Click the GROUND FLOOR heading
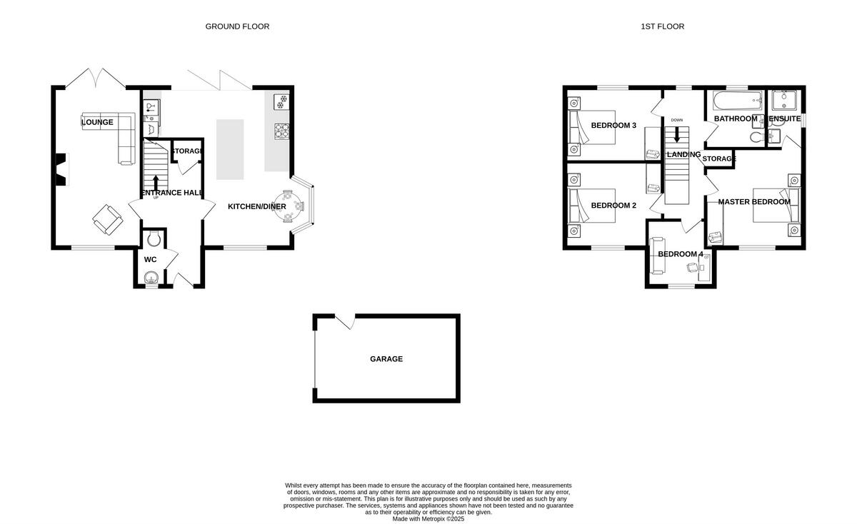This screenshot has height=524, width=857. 237,26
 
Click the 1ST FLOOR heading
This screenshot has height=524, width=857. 662,26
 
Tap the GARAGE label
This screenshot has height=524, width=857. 386,359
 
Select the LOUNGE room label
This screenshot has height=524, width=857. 97,122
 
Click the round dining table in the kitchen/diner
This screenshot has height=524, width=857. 294,206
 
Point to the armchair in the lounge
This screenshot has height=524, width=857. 106,219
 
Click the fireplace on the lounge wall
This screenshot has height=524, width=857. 61,170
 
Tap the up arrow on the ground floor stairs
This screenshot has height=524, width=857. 156,181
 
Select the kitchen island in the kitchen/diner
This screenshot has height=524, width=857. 230,149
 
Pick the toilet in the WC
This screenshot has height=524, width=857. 151,239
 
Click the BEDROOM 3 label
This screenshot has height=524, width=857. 613,126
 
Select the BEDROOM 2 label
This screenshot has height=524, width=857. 613,206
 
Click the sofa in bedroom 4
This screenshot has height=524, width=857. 656,255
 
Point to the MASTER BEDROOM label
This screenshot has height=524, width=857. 754,202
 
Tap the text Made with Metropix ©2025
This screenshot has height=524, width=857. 428,519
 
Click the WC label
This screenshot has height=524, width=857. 150,260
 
